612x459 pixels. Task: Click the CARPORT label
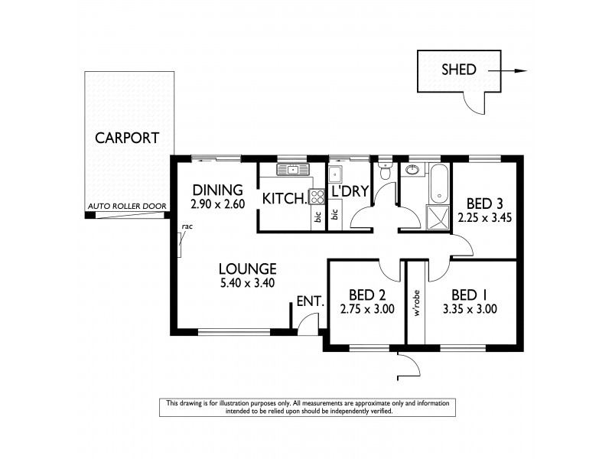tap(126, 138)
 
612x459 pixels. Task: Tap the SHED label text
tap(458, 70)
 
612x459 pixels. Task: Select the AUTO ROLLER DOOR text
tap(125, 206)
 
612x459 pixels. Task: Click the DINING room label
tap(217, 190)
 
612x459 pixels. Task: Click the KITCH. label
tap(285, 199)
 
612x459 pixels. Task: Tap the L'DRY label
tap(349, 191)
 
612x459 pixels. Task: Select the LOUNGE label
tap(246, 269)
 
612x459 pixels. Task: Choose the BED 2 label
tap(368, 295)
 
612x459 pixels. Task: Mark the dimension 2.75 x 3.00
tap(368, 310)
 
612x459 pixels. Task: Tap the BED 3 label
tap(485, 203)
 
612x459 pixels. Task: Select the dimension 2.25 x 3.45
tap(485, 218)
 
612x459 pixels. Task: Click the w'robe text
tap(418, 304)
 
